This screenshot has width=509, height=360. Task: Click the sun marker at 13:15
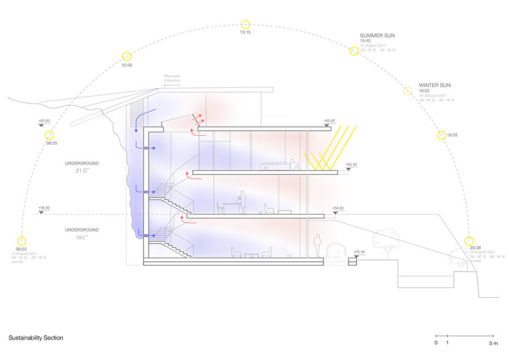click(245, 24)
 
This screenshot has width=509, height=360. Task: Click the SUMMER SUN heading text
click(377, 36)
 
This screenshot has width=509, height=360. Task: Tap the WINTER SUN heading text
click(435, 85)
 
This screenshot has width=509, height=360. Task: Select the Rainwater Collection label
click(172, 79)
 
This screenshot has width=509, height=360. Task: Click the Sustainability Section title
click(36, 338)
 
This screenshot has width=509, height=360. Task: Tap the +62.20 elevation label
click(351, 164)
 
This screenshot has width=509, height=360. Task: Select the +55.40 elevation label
click(359, 251)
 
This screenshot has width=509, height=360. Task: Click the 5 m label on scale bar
click(493, 343)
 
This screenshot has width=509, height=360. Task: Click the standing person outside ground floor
click(318, 245)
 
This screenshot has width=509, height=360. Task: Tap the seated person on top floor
click(294, 165)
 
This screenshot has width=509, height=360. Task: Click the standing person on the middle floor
click(241, 201)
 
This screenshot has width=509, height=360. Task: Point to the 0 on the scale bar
click(436, 343)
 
